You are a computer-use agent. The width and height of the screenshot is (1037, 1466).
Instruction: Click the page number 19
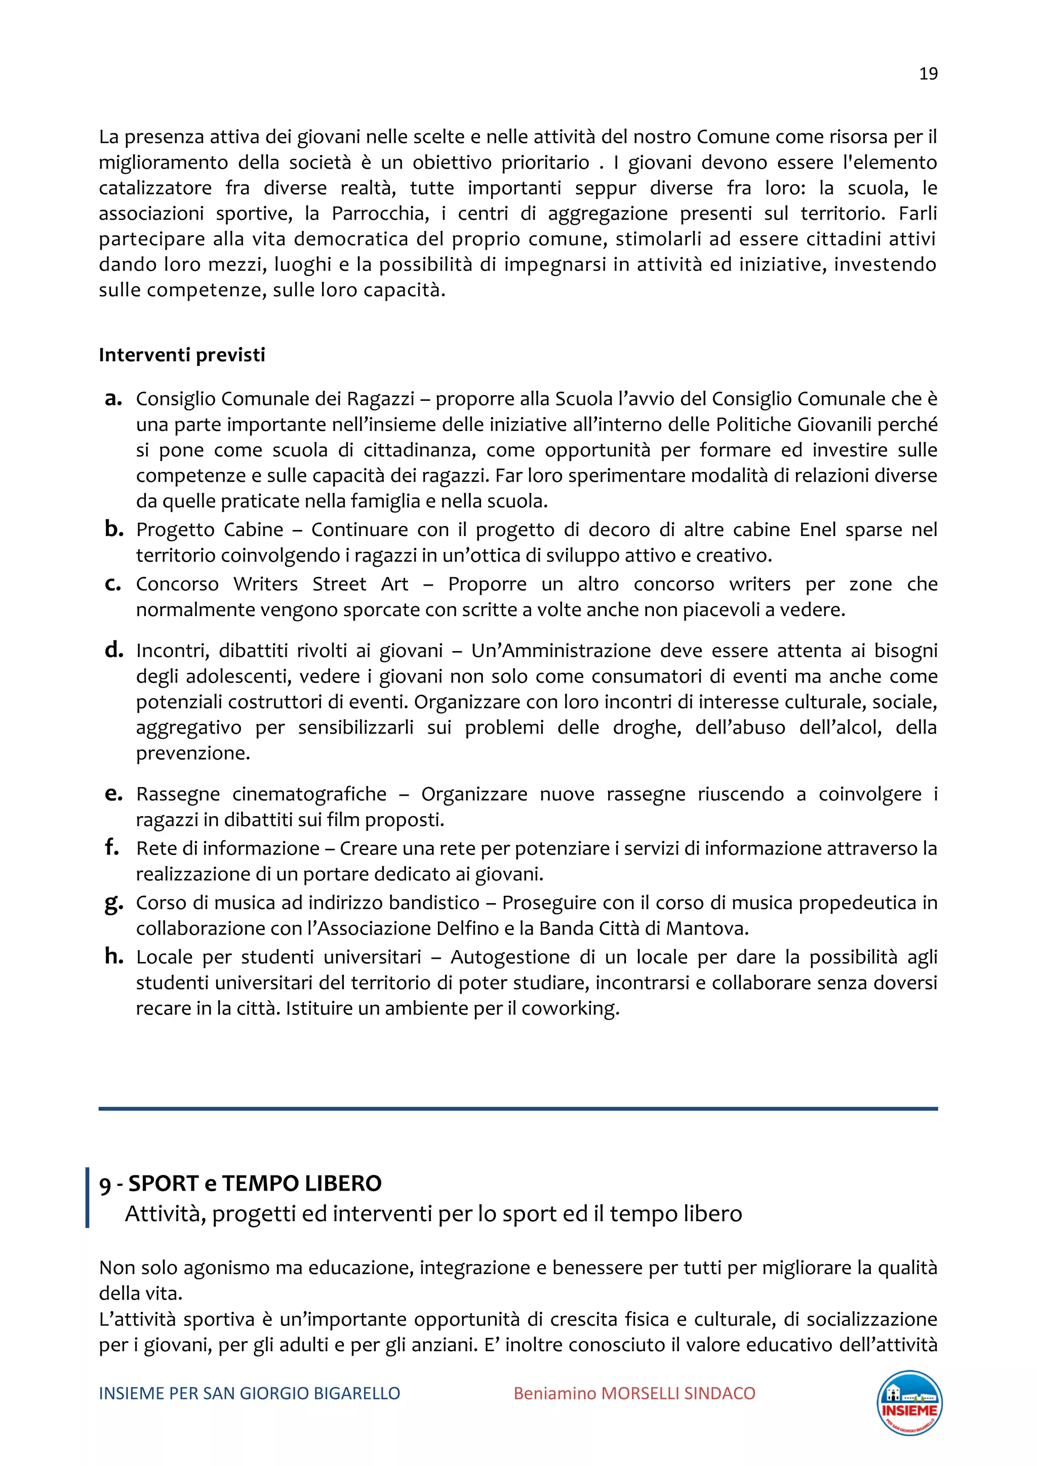pos(928,74)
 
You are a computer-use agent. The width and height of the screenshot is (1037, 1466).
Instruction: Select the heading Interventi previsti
pos(181,355)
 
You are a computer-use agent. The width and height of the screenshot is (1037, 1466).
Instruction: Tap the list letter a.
pos(113,398)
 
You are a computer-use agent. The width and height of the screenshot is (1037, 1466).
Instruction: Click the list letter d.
pos(113,650)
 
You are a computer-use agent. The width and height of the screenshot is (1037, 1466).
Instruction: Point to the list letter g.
pos(113,903)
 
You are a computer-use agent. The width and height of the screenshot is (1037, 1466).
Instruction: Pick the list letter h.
pos(113,956)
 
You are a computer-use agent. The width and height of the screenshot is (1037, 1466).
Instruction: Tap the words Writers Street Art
pos(321,584)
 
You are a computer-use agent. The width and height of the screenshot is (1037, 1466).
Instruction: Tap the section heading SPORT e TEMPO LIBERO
pos(255,1183)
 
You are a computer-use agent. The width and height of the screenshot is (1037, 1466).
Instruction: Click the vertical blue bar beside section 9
pos(88,1197)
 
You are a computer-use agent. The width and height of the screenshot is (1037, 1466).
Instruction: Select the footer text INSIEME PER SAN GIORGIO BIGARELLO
pos(249,1393)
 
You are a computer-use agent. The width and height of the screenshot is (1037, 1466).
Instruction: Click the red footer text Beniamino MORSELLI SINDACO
pos(634,1393)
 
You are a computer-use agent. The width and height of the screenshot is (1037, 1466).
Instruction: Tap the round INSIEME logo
pos(909,1403)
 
